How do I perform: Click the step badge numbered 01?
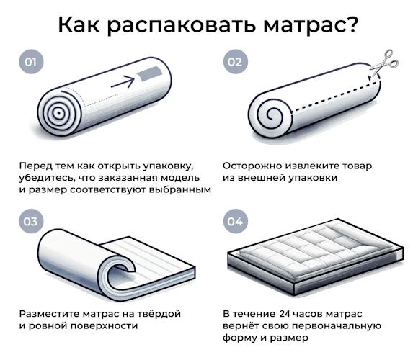[x=31, y=62]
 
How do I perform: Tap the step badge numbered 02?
[x=235, y=62]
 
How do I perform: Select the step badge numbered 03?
[x=31, y=221]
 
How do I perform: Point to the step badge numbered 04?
[x=235, y=221]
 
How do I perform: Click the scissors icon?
[x=384, y=63]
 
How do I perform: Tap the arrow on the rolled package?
[x=123, y=81]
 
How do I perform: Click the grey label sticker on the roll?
[x=149, y=73]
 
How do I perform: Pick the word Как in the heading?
[x=79, y=24]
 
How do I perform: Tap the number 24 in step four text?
[x=285, y=314]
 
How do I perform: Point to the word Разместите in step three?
[x=49, y=314]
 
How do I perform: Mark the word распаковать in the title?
[x=181, y=25]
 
